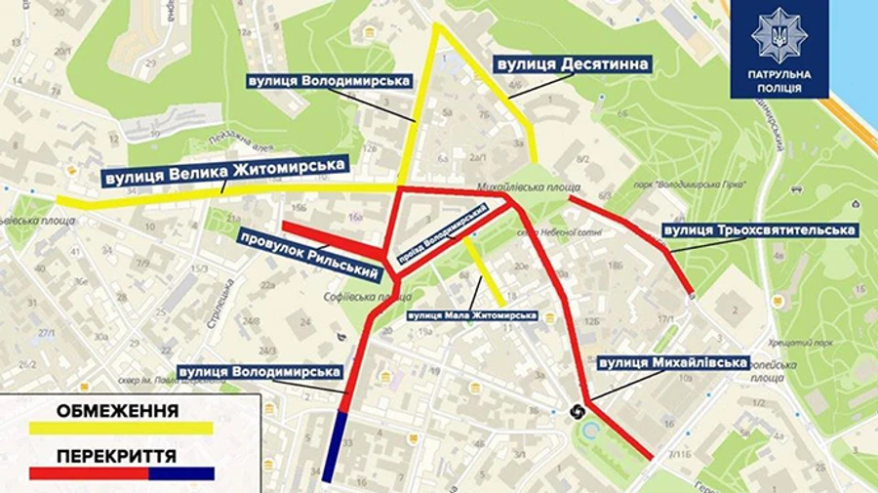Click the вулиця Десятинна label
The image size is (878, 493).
pos(573,64)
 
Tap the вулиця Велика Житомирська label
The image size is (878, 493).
pos(226,173)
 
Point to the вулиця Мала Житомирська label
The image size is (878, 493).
pos(473,315)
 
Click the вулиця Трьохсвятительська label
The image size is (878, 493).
pos(759,230)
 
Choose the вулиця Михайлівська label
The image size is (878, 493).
pos(673,363)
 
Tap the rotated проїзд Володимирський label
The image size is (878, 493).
pos(440,235)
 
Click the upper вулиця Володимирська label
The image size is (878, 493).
pos(329,80)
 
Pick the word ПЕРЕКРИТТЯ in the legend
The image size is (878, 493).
pos(116,456)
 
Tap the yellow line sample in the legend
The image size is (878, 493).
pos(121,428)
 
